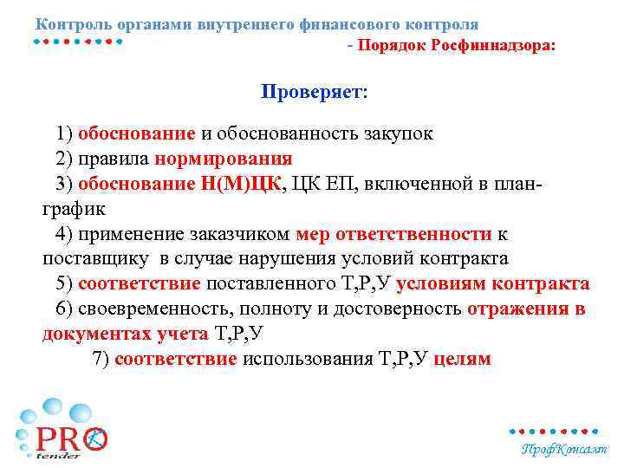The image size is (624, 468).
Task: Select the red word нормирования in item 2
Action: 224,159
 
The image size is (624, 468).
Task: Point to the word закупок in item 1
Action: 395,133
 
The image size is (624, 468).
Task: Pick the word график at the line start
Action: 74,209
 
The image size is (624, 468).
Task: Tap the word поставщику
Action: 95,259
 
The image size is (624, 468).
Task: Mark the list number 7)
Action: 101,360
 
